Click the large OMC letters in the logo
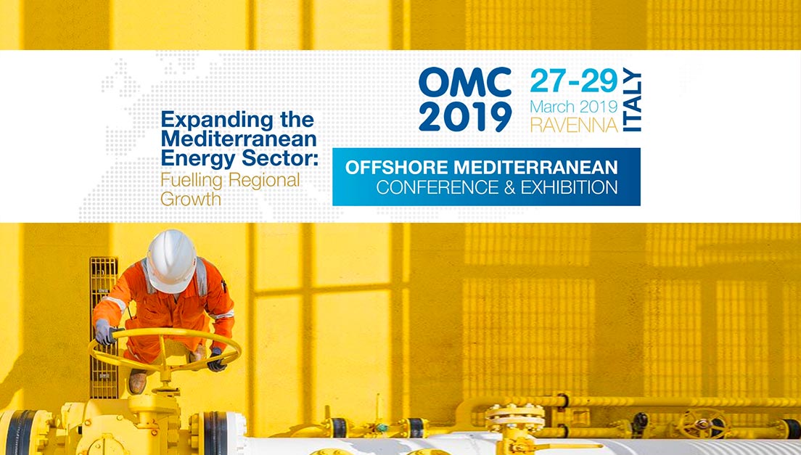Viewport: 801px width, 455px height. click(465, 82)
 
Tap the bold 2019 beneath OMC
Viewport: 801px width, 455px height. click(465, 117)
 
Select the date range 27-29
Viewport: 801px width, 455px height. click(574, 81)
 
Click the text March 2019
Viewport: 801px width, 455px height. click(574, 107)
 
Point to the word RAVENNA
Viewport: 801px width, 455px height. click(574, 125)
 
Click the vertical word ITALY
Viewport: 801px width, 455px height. click(632, 100)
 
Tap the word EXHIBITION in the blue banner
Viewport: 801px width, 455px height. click(569, 187)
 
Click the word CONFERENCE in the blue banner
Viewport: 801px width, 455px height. click(438, 187)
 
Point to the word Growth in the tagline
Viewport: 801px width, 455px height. click(191, 199)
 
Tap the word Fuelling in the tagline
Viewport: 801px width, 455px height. click(191, 181)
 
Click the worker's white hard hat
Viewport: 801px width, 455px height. click(171, 260)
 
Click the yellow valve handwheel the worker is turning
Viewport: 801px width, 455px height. click(165, 351)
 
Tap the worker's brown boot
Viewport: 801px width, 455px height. click(137, 381)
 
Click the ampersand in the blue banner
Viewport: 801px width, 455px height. click(509, 187)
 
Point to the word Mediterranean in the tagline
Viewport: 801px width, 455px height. click(239, 139)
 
